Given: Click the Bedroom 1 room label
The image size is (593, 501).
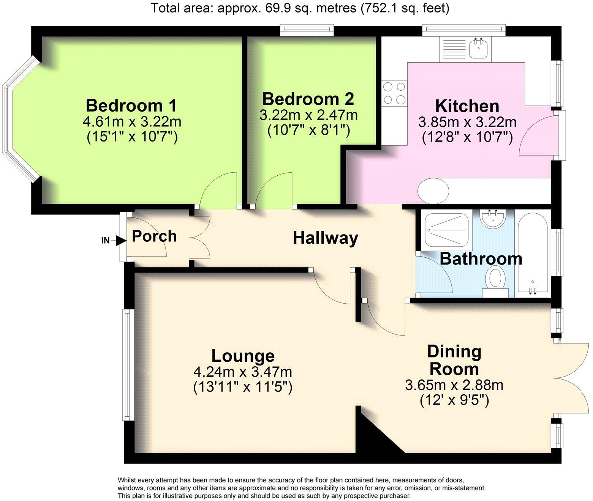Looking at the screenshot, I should (131, 106).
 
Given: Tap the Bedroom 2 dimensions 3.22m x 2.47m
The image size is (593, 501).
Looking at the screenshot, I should (308, 115).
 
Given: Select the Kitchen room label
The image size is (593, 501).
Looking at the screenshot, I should (467, 106).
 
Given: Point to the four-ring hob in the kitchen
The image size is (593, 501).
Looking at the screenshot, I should (394, 93).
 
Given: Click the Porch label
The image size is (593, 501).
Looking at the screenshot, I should (154, 236).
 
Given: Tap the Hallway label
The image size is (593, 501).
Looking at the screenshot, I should (326, 238).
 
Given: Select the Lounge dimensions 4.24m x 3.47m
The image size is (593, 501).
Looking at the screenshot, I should (243, 372).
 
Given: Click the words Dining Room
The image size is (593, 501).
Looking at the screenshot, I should (454, 360).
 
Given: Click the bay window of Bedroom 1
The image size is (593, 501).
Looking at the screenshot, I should (15, 119).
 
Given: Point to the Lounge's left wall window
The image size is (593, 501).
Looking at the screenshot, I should (128, 365).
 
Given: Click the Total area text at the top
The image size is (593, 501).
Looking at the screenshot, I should (300, 8).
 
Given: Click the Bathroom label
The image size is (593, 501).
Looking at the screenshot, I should (481, 259).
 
